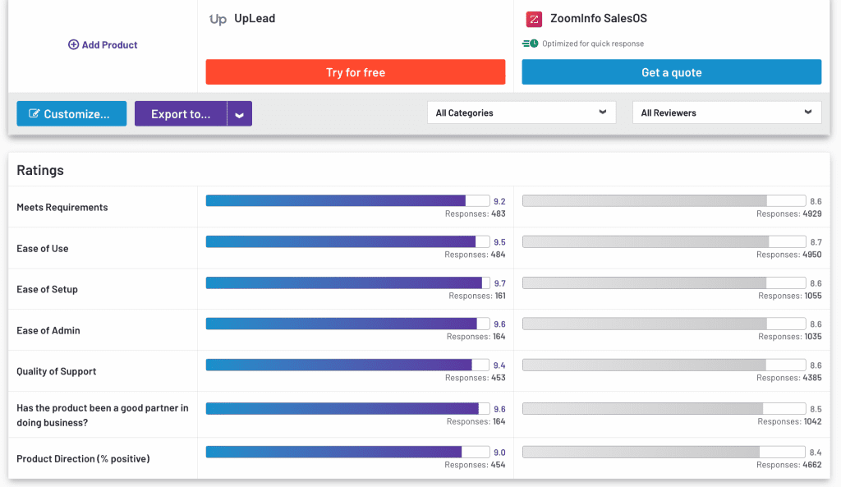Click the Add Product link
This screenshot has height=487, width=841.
103,45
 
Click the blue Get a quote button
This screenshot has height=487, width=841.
671,72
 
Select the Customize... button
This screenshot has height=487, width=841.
71,114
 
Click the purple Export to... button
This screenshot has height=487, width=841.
181,114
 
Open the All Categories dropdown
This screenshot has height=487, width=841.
521,113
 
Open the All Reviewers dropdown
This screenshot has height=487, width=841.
726,113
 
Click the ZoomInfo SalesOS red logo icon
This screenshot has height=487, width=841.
534,19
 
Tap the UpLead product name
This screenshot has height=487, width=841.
254,18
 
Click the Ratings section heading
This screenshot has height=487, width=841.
40,170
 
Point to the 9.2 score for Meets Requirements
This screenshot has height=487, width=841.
499,201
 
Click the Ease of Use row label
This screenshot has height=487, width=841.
43,249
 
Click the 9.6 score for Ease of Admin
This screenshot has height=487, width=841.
499,324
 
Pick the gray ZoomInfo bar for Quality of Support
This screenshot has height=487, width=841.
644,365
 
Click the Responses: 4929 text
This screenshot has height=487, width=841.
788,214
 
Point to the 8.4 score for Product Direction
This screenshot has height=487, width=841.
815,453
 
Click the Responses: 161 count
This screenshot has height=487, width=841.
476,296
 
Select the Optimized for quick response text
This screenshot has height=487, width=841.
592,44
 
